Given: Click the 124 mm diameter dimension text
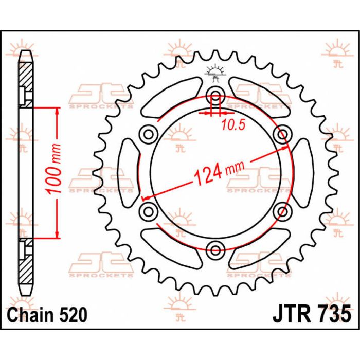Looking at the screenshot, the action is tap(219, 173).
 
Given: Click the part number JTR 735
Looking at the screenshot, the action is tap(312, 314).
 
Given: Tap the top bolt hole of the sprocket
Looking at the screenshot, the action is tap(215, 96).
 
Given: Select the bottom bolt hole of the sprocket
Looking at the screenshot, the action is tap(215, 250).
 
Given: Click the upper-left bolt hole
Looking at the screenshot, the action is tap(149, 134).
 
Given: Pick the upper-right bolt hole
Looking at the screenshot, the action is tap(283, 134).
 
